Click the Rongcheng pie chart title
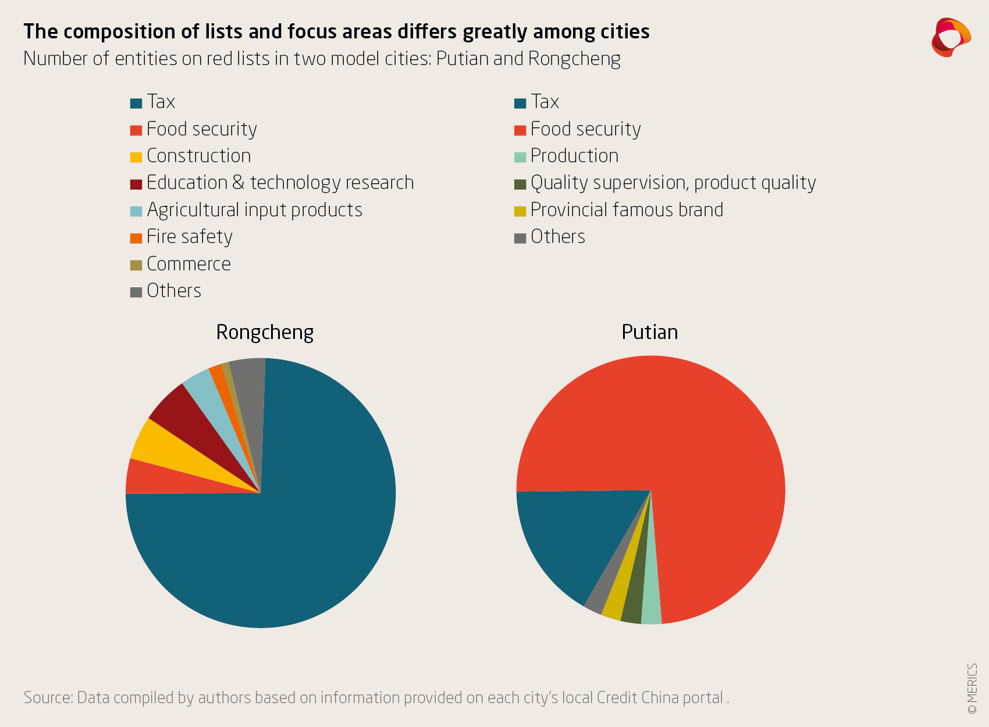[x=265, y=332]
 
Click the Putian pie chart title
[x=649, y=332]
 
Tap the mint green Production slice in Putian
[x=652, y=605]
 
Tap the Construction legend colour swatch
[x=136, y=157]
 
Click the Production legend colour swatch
[x=520, y=157]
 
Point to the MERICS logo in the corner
[x=951, y=37]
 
